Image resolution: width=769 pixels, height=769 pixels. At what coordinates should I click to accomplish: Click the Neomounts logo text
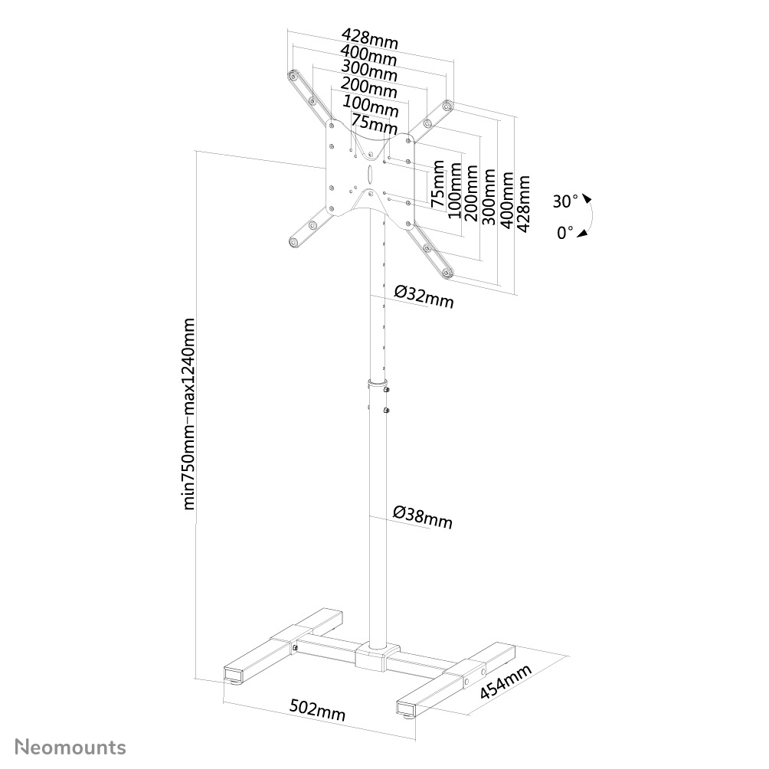(72, 746)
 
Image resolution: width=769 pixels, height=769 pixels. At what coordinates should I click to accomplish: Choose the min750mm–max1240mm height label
(191, 414)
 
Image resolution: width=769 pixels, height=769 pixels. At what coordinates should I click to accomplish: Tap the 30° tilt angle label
(566, 201)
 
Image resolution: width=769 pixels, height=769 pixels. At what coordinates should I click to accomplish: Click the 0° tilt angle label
(566, 232)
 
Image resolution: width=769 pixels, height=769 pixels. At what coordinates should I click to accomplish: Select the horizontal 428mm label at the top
(369, 38)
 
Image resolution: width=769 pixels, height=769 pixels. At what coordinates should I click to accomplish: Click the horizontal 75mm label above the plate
(374, 121)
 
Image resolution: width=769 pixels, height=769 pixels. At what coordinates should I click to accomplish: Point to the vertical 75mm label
(437, 185)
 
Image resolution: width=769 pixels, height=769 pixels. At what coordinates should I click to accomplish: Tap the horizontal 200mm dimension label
(369, 87)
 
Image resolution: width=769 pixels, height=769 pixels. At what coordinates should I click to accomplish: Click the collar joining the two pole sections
(378, 382)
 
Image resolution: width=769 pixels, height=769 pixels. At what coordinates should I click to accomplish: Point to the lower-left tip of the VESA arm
(293, 242)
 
